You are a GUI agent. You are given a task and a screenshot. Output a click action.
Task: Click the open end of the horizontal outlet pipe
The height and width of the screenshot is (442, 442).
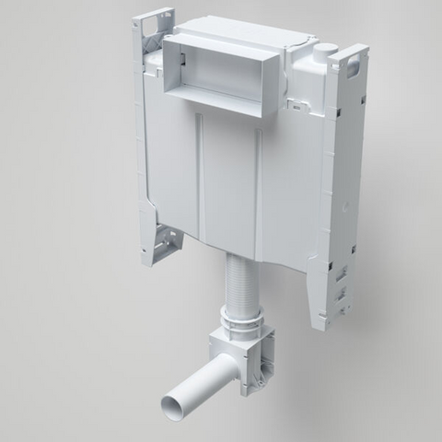click(173, 402)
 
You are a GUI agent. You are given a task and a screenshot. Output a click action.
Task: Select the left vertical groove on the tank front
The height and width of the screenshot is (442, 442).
click(201, 175)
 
